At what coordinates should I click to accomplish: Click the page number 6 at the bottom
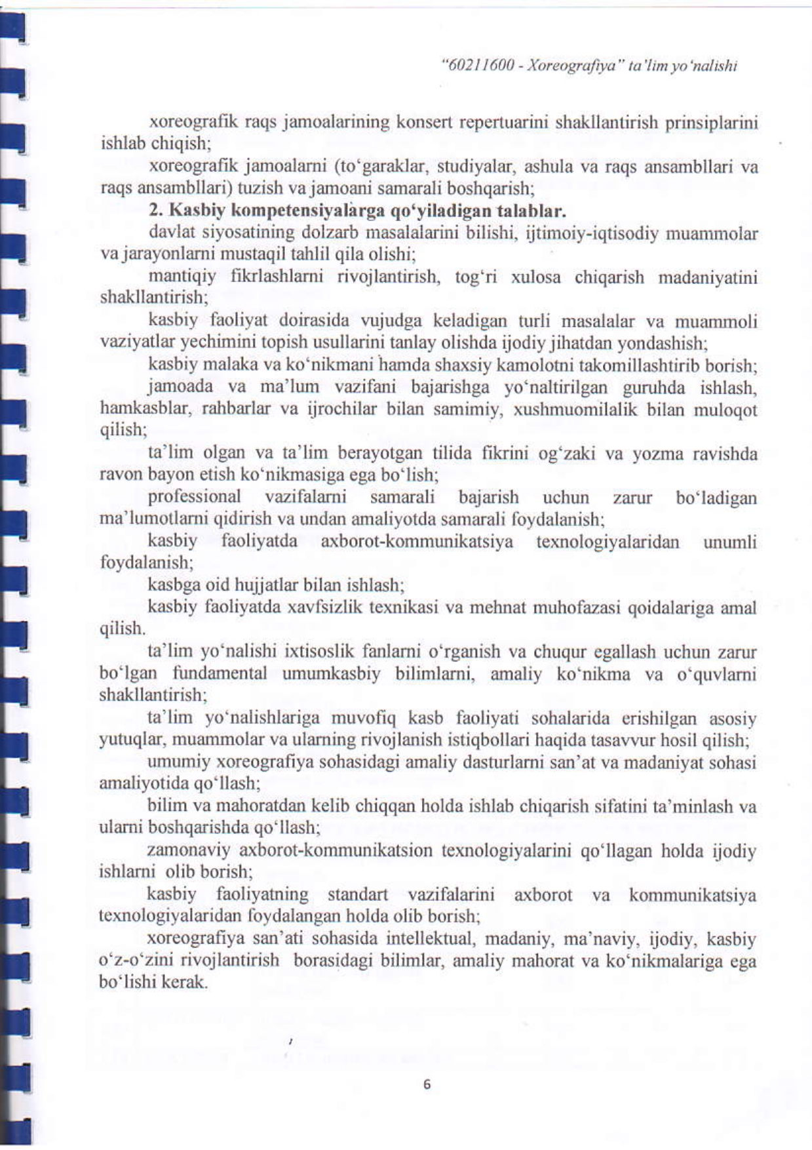427,1084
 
